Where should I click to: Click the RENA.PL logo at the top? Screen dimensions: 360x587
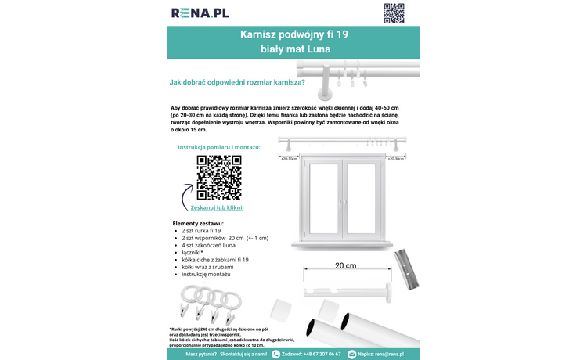(200, 13)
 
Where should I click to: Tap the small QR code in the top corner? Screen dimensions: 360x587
(394, 13)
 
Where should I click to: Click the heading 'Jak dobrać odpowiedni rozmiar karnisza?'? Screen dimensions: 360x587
(237, 82)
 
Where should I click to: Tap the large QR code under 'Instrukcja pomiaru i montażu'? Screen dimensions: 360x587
(218, 178)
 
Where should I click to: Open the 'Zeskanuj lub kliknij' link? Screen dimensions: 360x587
(218, 207)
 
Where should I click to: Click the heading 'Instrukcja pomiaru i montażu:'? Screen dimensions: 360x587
(218, 147)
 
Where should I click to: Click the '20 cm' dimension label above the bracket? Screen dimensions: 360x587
(345, 266)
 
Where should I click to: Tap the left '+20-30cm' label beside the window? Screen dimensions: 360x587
(289, 158)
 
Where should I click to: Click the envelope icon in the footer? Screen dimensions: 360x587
(351, 354)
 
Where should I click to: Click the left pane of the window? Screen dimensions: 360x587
(322, 193)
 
